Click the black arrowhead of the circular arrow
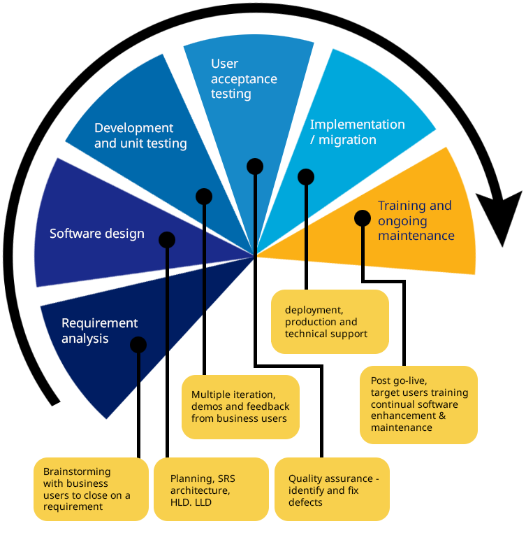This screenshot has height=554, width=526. pos(502,217)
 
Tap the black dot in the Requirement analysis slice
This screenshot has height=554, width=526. pos(138,345)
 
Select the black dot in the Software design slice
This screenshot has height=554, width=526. pos(166,240)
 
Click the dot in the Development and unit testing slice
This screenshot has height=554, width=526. pos(204,197)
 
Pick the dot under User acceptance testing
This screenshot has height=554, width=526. pos(255,166)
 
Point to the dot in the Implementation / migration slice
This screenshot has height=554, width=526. pos(306,176)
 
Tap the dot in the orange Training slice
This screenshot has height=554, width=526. pos(362,218)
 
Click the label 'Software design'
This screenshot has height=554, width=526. pos(96,234)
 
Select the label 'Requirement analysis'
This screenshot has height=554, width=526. pos(99,331)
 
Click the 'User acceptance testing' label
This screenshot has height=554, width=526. pos(244,78)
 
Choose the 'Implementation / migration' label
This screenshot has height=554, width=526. pos(357,132)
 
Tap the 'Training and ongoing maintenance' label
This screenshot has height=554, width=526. pos(416,220)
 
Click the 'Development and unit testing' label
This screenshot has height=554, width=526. pos(140,136)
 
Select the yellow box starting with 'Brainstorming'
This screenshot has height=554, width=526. pos(91,489)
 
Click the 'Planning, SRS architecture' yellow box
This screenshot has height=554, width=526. pos(211,490)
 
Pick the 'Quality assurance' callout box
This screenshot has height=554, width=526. pos(332,490)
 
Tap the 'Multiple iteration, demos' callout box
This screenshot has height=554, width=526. pos(240,407)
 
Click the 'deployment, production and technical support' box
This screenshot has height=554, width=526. pos(330,322)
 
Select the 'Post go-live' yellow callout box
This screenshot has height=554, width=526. pos(418,404)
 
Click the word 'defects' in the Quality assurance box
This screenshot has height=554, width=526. pos(305,502)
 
